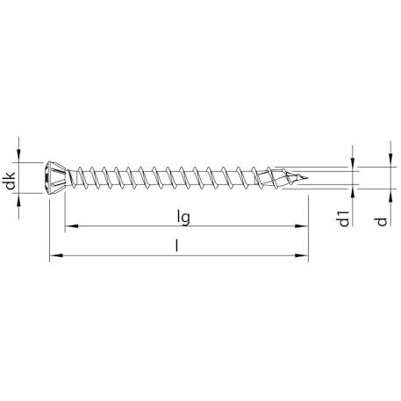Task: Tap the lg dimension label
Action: tap(183, 218)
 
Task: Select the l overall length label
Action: tap(176, 245)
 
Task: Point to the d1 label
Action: tap(344, 218)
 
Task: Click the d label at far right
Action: tap(382, 221)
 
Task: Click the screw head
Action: tap(55, 177)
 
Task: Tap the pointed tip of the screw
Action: tap(307, 177)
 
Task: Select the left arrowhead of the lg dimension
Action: tap(71, 226)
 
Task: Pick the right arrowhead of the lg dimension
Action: tap(301, 226)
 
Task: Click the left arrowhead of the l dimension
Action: tap(56, 255)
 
